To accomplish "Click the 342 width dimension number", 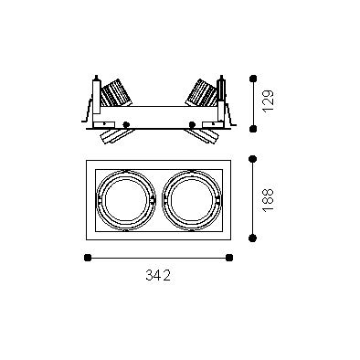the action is pyautogui.click(x=158, y=275).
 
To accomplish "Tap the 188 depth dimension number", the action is pyautogui.click(x=269, y=200).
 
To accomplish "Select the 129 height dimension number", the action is pyautogui.click(x=269, y=101).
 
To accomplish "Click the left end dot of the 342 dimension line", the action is pyautogui.click(x=88, y=258).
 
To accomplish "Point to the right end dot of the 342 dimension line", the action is pyautogui.click(x=229, y=258).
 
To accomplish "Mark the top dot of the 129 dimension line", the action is pyautogui.click(x=253, y=79).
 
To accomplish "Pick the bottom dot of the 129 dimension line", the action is pyautogui.click(x=253, y=129).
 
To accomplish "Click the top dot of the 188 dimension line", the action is pyautogui.click(x=252, y=159).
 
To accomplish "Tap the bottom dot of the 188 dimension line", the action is pyautogui.click(x=252, y=238).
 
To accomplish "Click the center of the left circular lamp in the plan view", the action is pyautogui.click(x=126, y=200).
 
